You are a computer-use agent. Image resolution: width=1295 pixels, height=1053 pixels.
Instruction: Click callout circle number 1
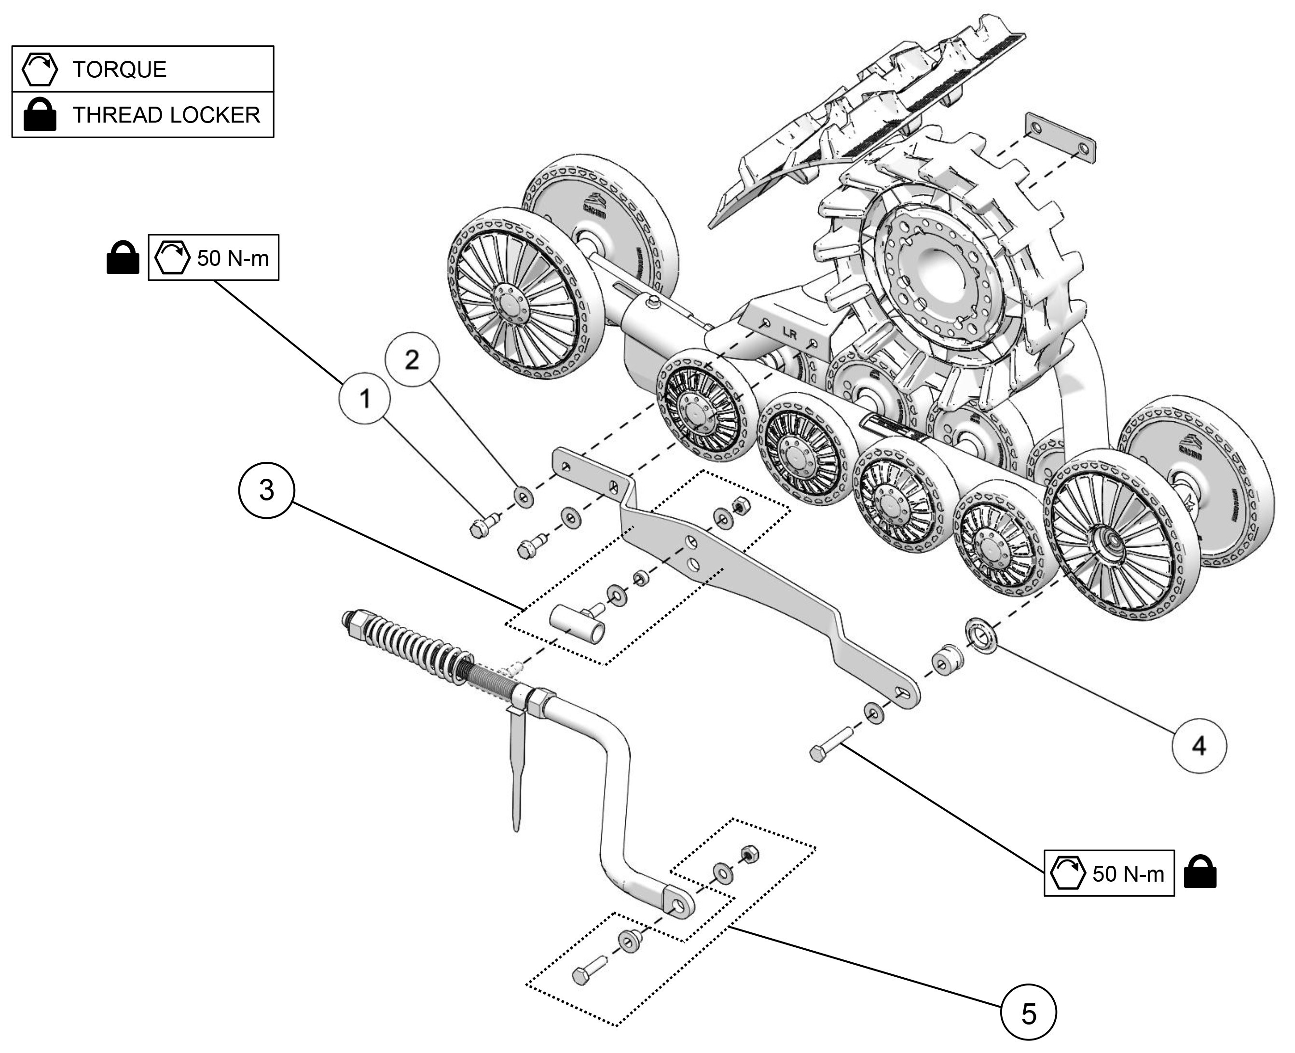(x=364, y=399)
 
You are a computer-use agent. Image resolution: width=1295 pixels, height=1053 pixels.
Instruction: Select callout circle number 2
(x=412, y=360)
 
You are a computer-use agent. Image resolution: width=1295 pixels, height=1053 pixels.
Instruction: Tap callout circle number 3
(x=266, y=490)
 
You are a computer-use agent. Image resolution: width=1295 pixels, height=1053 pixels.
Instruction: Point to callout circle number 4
(x=1199, y=746)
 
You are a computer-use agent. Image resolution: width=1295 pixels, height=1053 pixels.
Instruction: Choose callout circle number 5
(x=1028, y=1013)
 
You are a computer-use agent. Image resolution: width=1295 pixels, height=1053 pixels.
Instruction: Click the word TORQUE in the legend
(x=120, y=69)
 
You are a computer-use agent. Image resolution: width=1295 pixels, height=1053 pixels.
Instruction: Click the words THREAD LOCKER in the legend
(x=166, y=115)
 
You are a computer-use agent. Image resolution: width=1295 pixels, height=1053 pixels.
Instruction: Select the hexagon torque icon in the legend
(x=40, y=69)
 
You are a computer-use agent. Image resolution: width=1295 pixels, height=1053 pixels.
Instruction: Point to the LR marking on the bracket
(x=789, y=333)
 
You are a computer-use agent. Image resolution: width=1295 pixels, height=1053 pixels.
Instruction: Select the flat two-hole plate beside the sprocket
(x=1060, y=138)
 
